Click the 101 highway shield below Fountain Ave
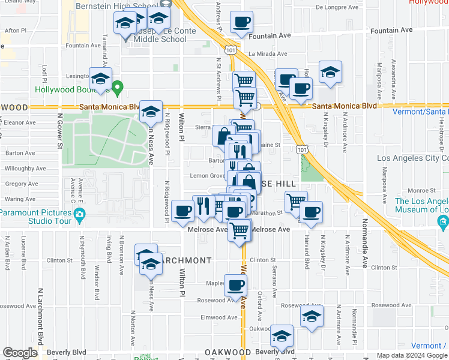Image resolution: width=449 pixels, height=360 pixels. point(231,50)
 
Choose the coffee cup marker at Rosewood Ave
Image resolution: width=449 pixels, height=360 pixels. point(235,286)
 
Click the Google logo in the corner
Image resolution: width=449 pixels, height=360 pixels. point(20,353)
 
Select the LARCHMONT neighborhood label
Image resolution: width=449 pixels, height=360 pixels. point(185,260)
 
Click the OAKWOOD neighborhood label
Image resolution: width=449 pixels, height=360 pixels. point(228,352)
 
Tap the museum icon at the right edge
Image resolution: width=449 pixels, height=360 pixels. point(444,223)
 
